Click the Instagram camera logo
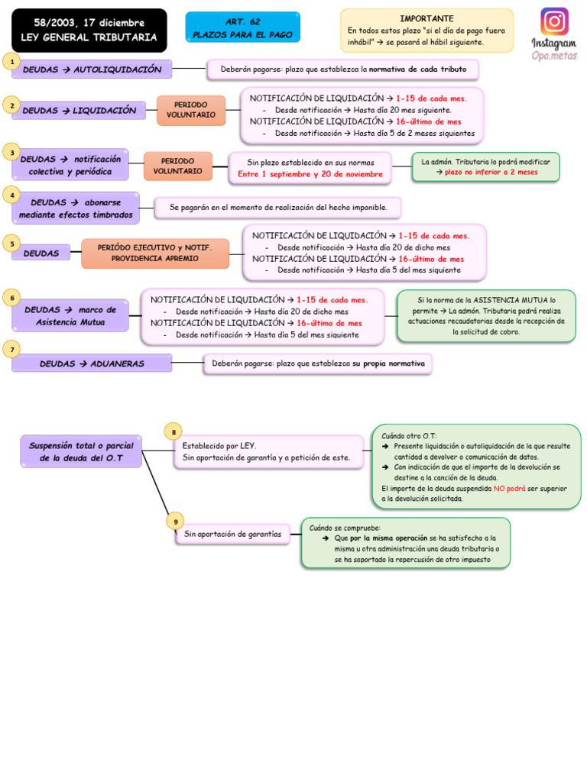tap(554, 21)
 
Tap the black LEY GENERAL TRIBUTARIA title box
tap(89, 31)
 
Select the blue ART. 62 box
tap(242, 27)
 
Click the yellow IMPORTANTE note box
tap(426, 31)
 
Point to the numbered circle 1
tap(11, 60)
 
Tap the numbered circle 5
tap(11, 244)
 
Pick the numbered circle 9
tap(175, 522)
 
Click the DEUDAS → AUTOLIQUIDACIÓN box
tap(92, 69)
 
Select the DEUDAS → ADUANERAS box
tap(92, 364)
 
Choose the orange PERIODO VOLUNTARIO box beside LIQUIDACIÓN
tap(190, 110)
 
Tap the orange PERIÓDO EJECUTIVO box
tap(154, 253)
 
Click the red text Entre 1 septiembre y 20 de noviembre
tap(310, 174)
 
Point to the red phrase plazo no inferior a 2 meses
tap(491, 173)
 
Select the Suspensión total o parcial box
tap(81, 451)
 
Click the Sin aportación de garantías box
tap(232, 535)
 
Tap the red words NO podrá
tap(509, 488)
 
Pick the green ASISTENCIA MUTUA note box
tap(485, 316)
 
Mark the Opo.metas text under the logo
tap(554, 56)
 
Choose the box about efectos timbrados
tap(76, 208)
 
